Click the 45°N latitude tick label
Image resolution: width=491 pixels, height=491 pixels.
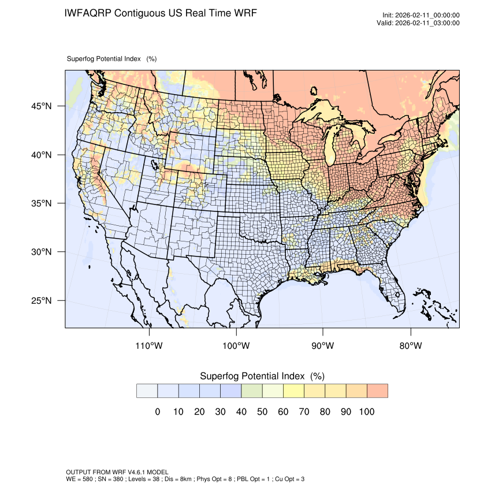(x=41, y=106)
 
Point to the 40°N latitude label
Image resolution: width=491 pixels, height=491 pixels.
(x=41, y=155)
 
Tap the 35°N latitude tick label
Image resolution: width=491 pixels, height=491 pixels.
(x=41, y=203)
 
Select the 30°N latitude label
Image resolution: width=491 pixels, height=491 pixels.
(x=41, y=252)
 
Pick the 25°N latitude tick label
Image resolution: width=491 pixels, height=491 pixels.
(x=41, y=300)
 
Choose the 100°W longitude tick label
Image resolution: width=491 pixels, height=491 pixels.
(x=236, y=346)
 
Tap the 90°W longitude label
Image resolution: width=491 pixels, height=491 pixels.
(x=323, y=346)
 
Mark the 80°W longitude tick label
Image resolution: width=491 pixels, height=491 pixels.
(x=410, y=346)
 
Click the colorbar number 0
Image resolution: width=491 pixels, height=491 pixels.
(x=157, y=412)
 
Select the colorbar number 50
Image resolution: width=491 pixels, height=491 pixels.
(x=262, y=412)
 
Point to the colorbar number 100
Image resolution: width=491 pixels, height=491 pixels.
(x=366, y=412)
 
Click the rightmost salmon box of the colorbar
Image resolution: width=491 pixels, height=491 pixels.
(x=377, y=391)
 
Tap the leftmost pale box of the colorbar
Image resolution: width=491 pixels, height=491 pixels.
(x=147, y=391)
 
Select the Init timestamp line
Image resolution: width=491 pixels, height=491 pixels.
(x=421, y=15)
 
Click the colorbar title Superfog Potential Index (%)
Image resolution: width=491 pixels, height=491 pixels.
(x=262, y=376)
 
